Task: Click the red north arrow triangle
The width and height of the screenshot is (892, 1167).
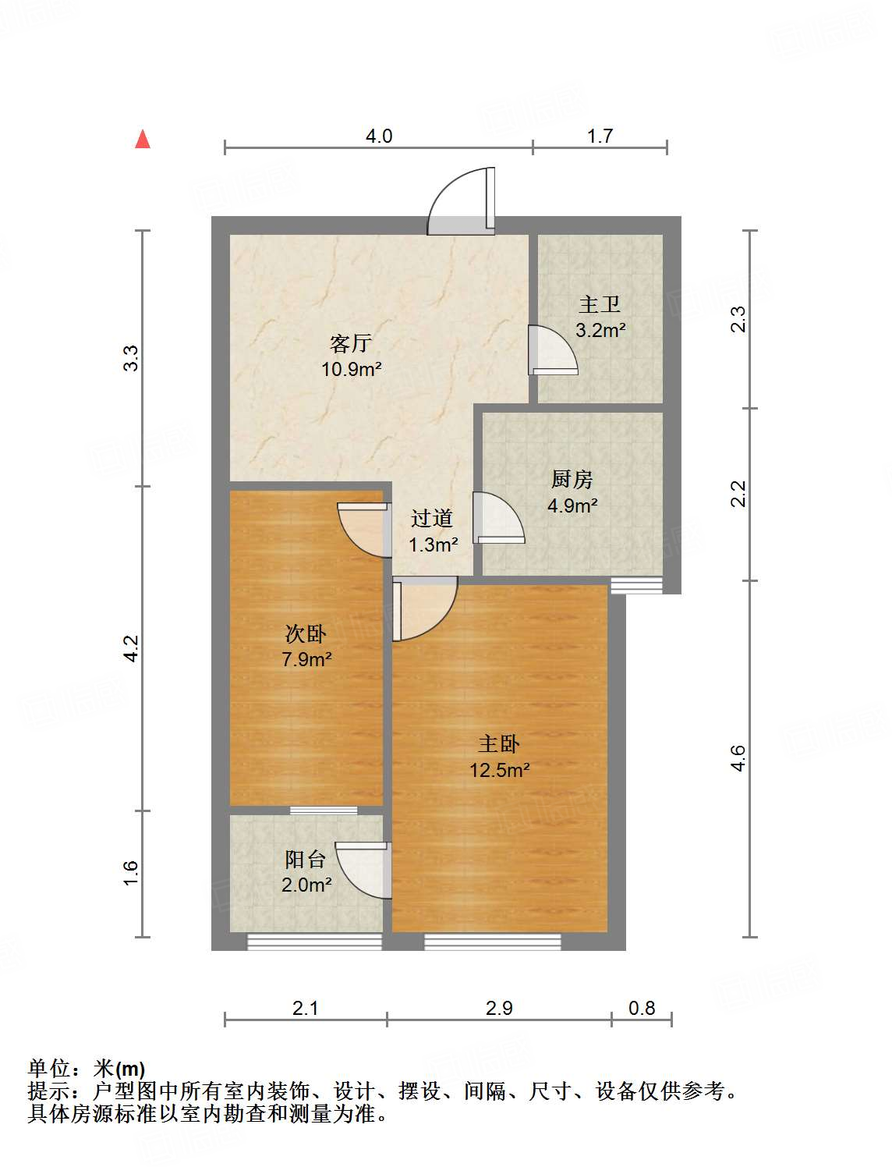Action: click(x=142, y=139)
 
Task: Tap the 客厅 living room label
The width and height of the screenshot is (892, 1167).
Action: click(x=351, y=343)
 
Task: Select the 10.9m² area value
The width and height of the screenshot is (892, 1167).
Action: click(x=351, y=369)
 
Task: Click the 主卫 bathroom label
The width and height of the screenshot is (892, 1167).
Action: click(x=600, y=304)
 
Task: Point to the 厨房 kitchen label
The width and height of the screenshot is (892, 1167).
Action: click(x=572, y=479)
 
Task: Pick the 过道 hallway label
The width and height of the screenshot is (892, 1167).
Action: click(x=432, y=518)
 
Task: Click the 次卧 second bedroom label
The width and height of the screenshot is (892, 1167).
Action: click(x=306, y=633)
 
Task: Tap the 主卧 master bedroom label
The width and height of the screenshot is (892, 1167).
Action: click(x=499, y=744)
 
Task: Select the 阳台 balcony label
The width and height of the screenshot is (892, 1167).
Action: click(x=305, y=860)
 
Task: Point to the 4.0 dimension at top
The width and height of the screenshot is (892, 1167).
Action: click(x=379, y=136)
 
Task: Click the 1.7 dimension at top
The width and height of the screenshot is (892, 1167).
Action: click(x=600, y=136)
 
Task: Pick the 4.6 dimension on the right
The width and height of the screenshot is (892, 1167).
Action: click(x=738, y=758)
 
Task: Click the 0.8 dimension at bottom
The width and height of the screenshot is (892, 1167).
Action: click(x=642, y=1008)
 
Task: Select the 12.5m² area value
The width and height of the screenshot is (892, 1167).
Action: click(x=499, y=771)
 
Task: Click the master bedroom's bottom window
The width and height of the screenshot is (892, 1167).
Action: click(x=493, y=942)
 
